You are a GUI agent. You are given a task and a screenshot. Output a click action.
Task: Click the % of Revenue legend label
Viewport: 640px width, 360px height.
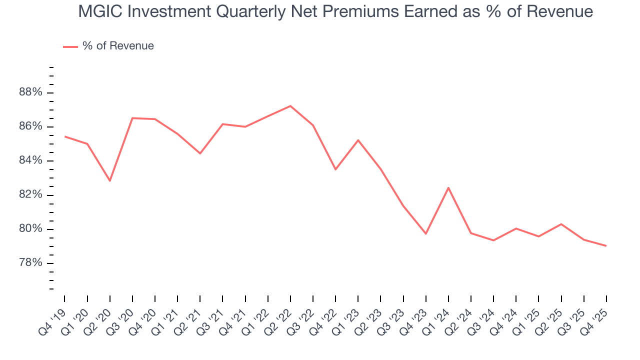tap(118, 46)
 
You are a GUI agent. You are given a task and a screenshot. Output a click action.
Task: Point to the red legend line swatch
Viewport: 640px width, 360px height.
tap(70, 46)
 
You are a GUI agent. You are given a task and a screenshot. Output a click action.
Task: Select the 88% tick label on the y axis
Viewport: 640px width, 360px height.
tap(30, 92)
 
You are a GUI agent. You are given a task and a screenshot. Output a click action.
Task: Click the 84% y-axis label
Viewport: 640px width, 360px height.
tap(30, 160)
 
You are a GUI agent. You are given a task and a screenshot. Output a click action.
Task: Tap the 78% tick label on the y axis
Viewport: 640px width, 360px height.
tap(30, 263)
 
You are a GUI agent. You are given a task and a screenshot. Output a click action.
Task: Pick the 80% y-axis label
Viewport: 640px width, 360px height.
tap(30, 229)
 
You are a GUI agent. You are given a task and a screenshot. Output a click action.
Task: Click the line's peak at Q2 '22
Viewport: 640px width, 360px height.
tap(290, 106)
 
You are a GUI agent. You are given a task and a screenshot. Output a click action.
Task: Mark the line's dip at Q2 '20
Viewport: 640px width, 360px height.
tap(110, 180)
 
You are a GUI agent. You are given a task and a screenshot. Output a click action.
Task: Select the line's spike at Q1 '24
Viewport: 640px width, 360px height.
tap(448, 187)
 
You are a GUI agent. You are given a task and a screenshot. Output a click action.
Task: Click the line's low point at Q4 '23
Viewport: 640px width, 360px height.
tap(426, 233)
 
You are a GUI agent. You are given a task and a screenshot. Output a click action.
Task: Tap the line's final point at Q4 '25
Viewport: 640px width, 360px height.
tap(606, 245)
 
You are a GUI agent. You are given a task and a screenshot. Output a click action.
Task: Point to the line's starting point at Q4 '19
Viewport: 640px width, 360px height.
tap(65, 136)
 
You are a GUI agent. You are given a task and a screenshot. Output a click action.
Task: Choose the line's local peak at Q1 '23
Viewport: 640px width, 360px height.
tap(358, 140)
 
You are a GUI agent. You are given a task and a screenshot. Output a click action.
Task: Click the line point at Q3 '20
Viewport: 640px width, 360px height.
tap(132, 118)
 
